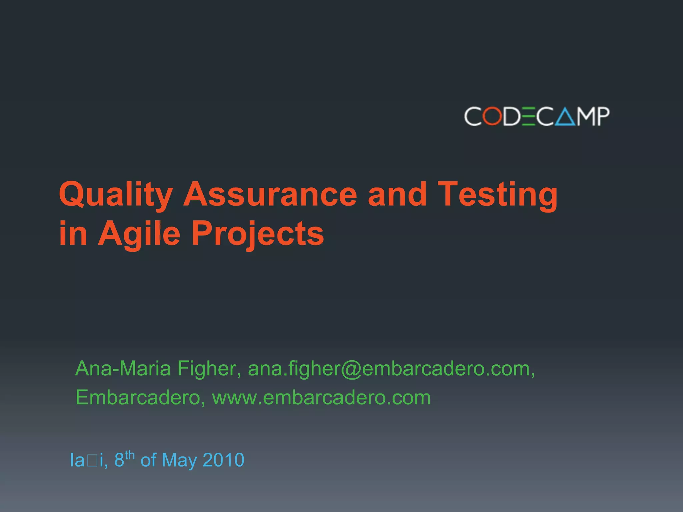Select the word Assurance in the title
click(270, 194)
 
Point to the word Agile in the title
click(139, 234)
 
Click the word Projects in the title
click(257, 234)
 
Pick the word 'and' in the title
click(397, 194)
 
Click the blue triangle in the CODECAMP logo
click(565, 117)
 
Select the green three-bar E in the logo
click(529, 116)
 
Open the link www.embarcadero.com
click(321, 398)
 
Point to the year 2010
click(223, 460)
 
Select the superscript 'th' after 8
click(130, 455)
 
